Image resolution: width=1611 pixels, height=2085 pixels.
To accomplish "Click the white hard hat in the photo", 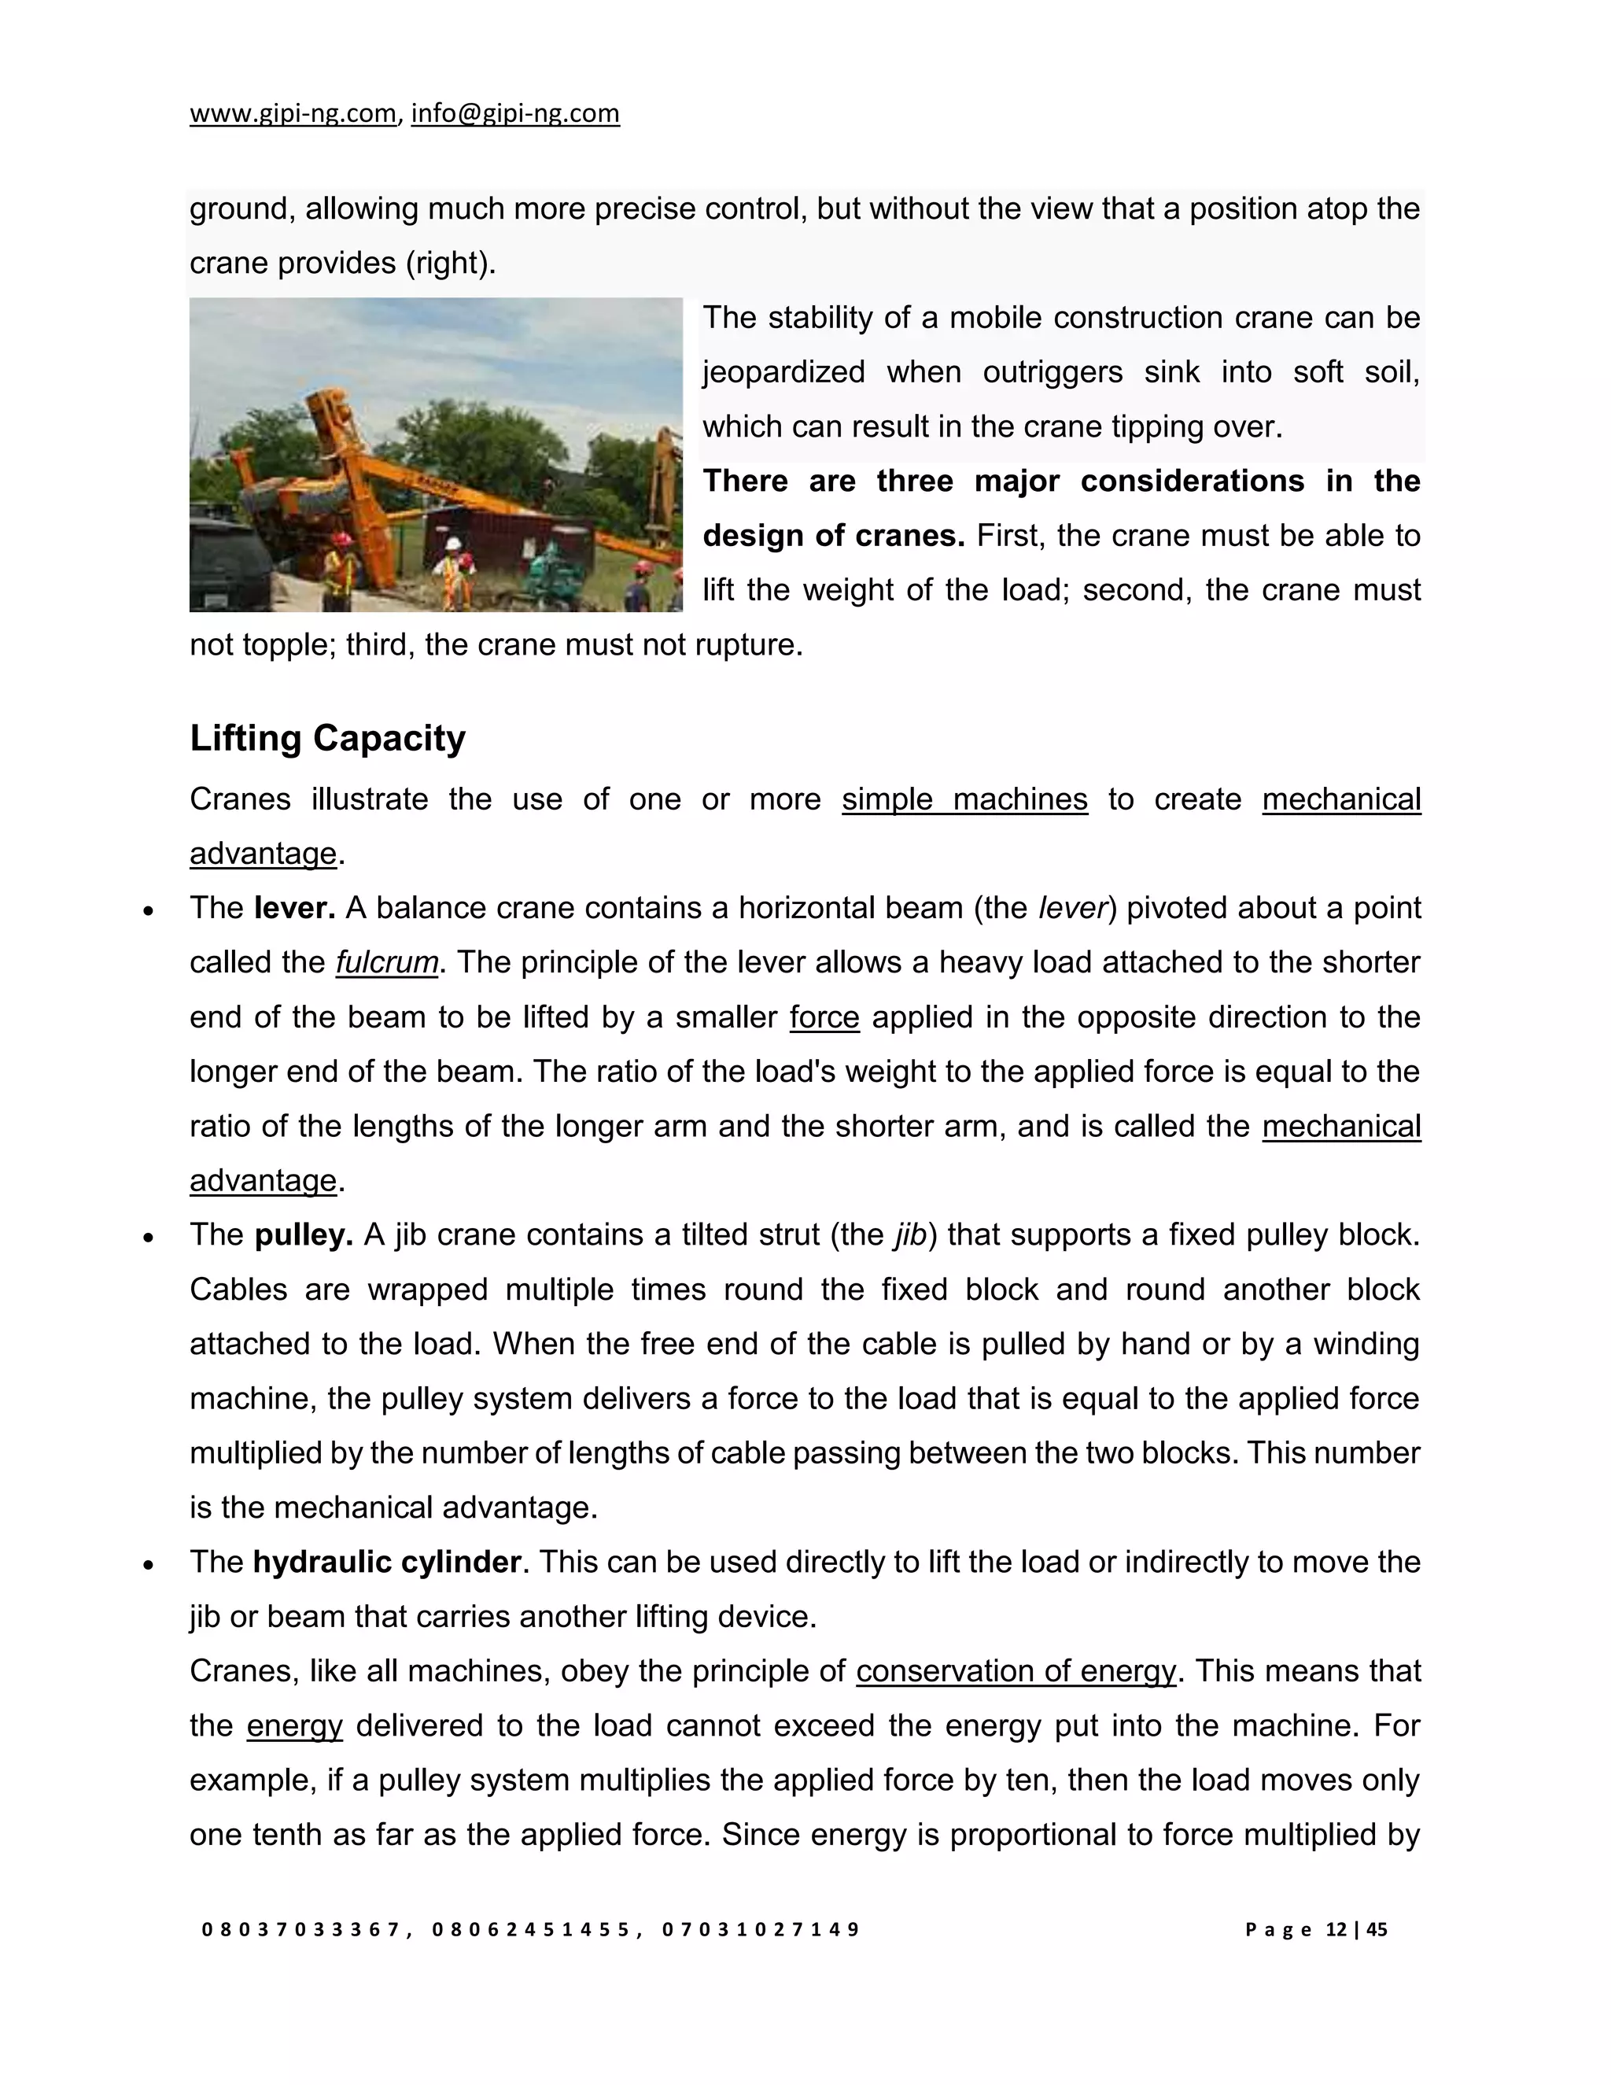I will [455, 544].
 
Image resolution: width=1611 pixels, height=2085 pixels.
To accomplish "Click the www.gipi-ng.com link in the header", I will [293, 113].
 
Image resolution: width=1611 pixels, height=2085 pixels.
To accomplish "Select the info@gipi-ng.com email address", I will [515, 113].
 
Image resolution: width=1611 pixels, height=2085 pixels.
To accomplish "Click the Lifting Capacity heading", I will [327, 738].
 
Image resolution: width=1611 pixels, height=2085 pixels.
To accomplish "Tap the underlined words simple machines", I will [964, 799].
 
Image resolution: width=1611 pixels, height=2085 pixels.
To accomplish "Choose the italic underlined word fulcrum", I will [386, 962].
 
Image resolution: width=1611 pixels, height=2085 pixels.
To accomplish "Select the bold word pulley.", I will [304, 1235].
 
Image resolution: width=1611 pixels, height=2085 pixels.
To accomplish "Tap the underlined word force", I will [824, 1017].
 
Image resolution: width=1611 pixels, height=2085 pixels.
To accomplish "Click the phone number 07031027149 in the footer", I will [761, 1929].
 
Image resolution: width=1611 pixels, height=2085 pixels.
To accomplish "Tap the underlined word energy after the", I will [294, 1726].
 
